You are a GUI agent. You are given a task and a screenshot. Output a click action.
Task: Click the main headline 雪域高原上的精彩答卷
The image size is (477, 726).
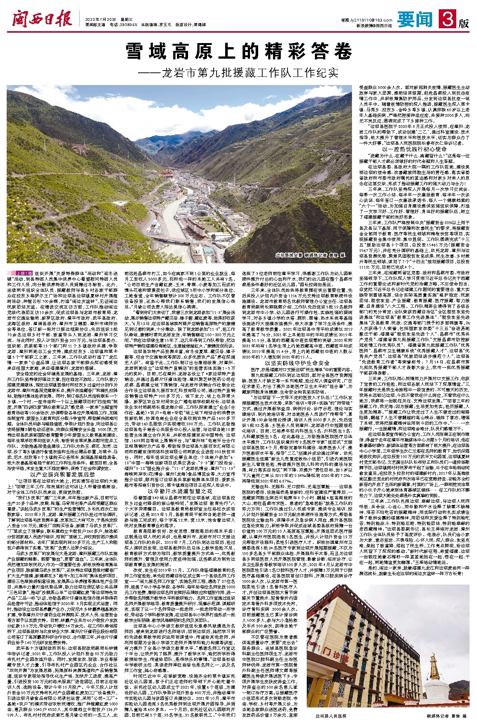coord(238,51)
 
